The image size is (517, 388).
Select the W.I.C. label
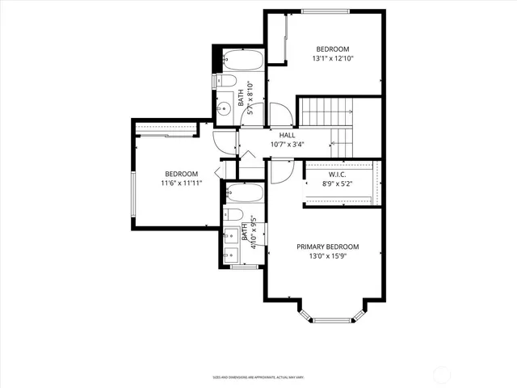click(338, 174)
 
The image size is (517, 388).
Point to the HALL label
click(288, 136)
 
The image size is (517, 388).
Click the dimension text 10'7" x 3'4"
click(288, 145)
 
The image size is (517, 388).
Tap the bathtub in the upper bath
click(240, 61)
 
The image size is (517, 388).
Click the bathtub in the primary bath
click(245, 193)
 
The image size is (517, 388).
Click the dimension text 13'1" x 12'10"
click(333, 58)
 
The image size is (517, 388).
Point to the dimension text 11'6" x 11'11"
click(182, 183)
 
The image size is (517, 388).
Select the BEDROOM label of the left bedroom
click(182, 174)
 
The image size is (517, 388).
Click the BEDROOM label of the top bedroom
click(333, 48)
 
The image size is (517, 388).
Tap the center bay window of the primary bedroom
click(334, 320)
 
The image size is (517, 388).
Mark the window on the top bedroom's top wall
click(325, 11)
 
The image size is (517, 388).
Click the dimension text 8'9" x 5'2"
click(338, 183)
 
